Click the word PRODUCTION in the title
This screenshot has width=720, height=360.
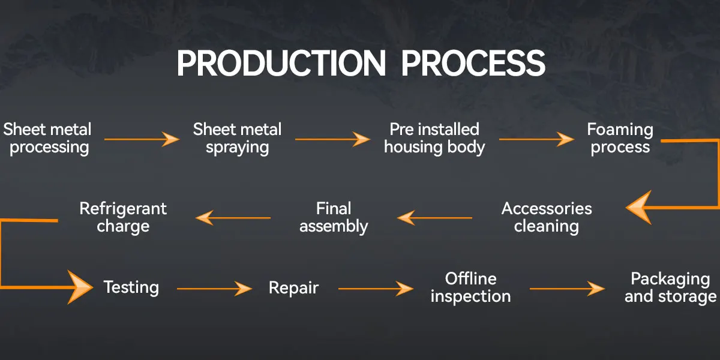281,64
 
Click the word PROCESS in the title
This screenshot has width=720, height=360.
473,64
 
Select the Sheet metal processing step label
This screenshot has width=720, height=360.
47,139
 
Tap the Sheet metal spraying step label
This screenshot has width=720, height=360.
237,139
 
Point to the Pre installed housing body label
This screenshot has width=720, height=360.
434,139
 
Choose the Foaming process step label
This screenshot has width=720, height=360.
620,139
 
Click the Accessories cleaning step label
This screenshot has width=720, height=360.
547,217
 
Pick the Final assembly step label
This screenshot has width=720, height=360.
334,217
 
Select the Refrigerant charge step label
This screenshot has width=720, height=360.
123,217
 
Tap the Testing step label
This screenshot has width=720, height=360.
131,287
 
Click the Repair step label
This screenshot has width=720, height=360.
293,287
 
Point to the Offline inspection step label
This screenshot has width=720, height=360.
470,287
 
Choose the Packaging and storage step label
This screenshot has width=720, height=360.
670,287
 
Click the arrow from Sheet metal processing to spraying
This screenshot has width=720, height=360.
142,139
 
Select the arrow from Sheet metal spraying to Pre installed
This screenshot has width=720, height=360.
332,139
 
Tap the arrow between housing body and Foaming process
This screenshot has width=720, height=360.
536,139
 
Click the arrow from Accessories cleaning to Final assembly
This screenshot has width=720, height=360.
434,218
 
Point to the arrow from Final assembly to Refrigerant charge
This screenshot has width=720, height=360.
233,218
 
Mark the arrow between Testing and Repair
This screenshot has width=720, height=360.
214,289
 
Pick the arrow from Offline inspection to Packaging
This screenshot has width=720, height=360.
568,289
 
